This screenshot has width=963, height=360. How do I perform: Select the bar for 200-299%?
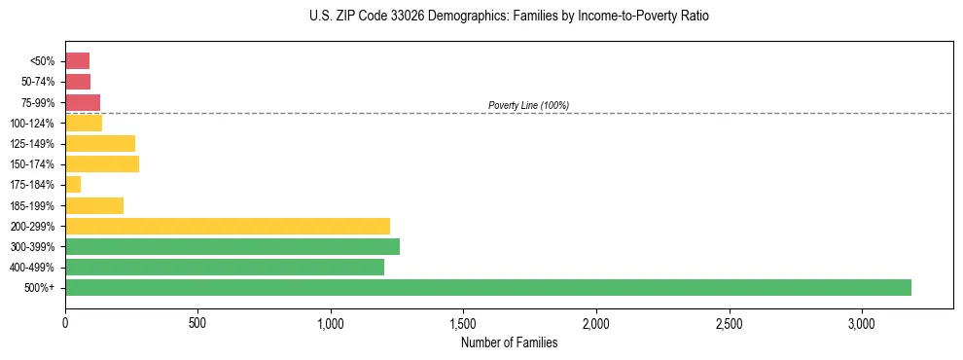[228, 226]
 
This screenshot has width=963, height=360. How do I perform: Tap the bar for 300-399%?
[232, 246]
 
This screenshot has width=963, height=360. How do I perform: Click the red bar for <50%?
[77, 61]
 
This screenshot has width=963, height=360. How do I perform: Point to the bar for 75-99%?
[83, 102]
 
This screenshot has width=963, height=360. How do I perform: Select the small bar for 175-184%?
[73, 185]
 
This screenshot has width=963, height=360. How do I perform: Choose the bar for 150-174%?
[102, 163]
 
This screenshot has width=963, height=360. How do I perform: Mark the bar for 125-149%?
[100, 143]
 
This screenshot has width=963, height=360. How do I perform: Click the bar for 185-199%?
[94, 205]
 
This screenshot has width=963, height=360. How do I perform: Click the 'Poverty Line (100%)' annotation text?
[528, 105]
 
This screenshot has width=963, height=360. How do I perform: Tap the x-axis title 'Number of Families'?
[509, 342]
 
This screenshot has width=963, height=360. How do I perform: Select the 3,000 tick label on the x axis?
[862, 322]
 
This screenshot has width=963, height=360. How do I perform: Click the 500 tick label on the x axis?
[197, 322]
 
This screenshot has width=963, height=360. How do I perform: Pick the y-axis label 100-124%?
[32, 124]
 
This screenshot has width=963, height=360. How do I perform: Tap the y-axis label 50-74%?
[36, 82]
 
